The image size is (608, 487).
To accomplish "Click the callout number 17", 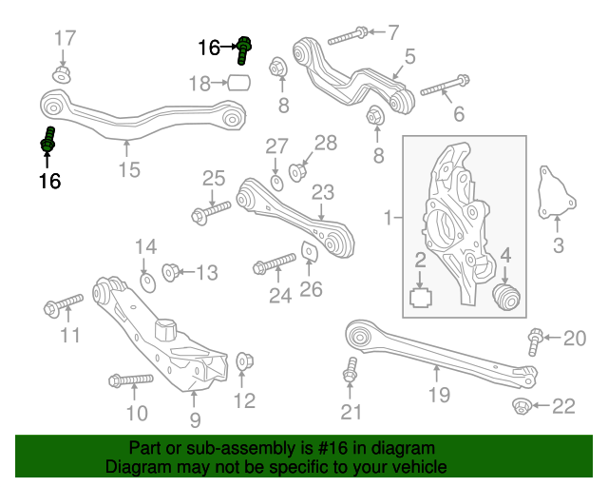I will coord(65,39).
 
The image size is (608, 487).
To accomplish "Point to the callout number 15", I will coord(128,170).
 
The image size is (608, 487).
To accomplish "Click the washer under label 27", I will coord(275,182).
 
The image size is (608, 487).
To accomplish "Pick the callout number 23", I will coord(323,192).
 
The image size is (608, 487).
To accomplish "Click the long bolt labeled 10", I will coord(131,381).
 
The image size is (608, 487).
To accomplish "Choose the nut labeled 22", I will coord(523,407).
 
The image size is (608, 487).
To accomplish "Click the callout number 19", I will coord(438,393).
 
